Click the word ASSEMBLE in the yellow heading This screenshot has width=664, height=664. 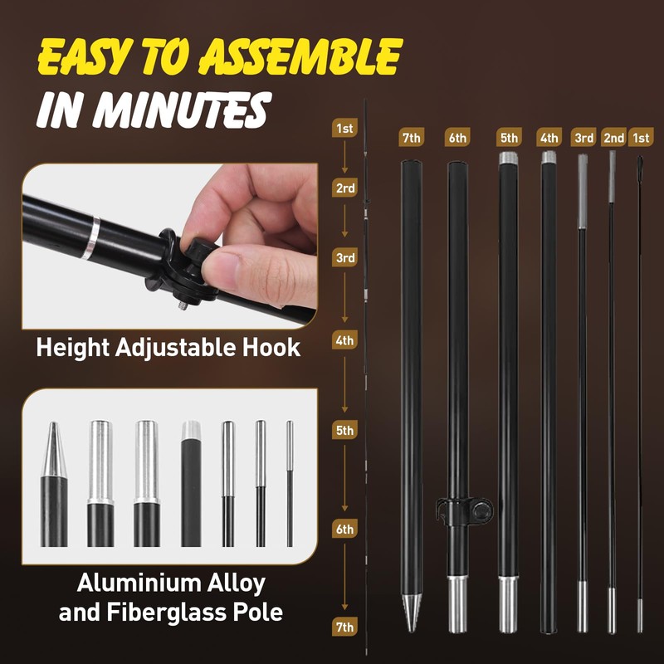click(300, 56)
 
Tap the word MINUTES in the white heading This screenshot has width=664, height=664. click(180, 110)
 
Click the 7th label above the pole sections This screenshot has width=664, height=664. click(411, 138)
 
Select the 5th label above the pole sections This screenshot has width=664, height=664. click(509, 138)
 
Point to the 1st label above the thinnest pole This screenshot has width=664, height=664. click(641, 138)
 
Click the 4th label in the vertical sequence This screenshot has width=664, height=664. click(344, 340)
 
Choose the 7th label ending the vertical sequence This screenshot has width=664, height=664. click(344, 627)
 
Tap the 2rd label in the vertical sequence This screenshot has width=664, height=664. click(344, 188)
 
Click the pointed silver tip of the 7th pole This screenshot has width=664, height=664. click(412, 612)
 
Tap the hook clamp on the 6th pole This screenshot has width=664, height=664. click(464, 510)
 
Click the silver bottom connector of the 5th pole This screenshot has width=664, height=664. click(508, 604)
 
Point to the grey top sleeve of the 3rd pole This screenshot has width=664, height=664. click(583, 192)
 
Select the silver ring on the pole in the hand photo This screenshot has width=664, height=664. click(90, 238)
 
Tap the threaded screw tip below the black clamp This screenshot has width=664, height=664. click(183, 304)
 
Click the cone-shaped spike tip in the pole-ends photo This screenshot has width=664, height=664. click(54, 450)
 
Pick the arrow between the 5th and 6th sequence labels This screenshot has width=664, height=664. click(344, 478)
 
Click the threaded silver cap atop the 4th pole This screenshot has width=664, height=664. click(549, 158)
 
